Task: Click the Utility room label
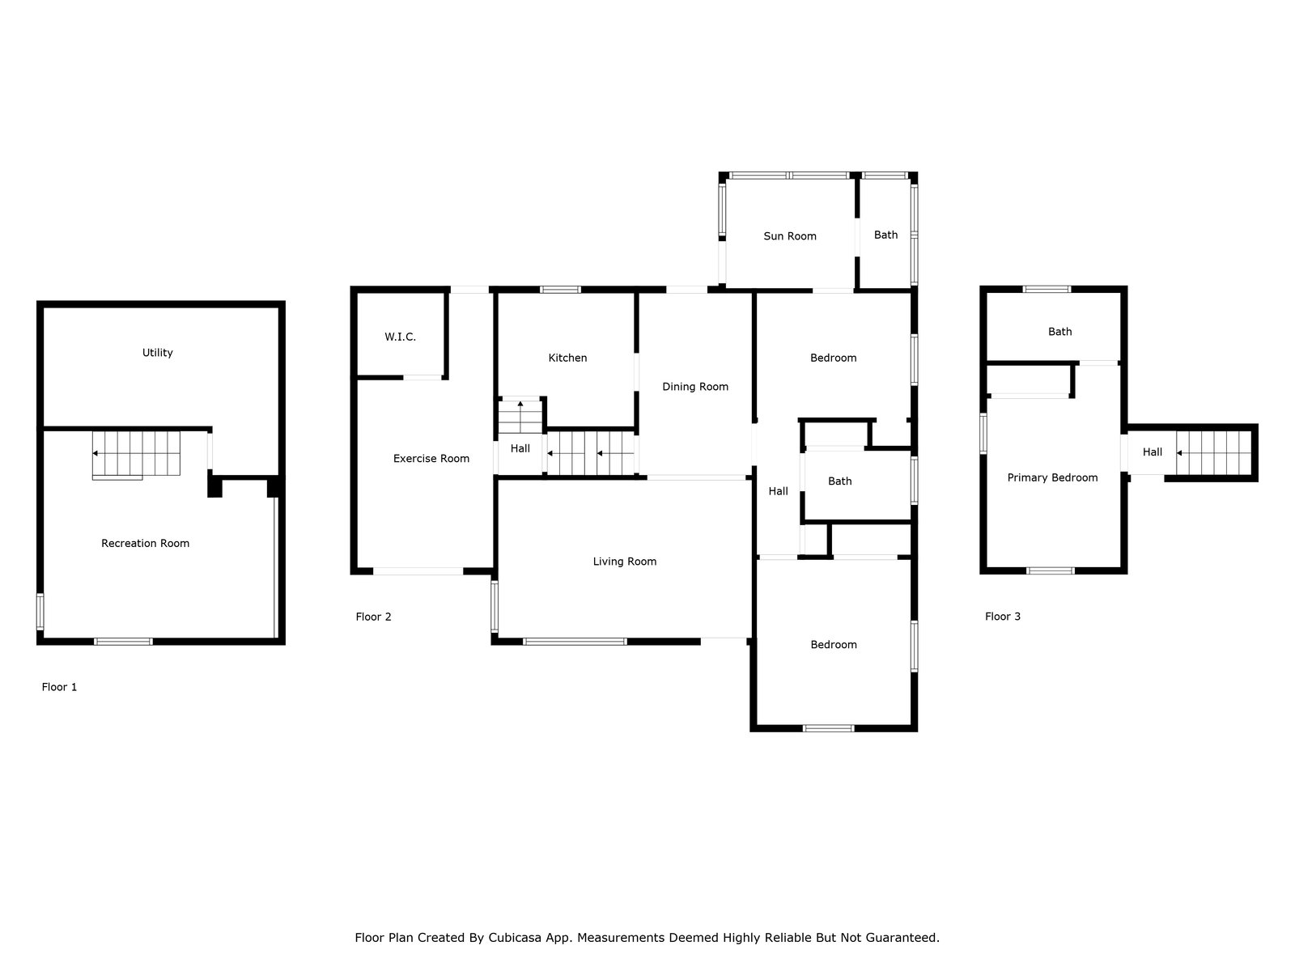click(x=157, y=353)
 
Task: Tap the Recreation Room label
click(x=145, y=543)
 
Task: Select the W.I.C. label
click(x=400, y=337)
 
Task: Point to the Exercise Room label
click(x=431, y=458)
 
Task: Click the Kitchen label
click(x=567, y=358)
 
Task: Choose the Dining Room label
click(x=695, y=387)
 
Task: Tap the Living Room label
click(x=624, y=562)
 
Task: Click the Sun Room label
click(x=789, y=235)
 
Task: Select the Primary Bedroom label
click(x=1052, y=477)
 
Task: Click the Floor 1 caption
click(x=59, y=687)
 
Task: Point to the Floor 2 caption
click(x=373, y=617)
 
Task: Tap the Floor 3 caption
click(x=1002, y=616)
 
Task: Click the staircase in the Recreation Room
click(x=136, y=454)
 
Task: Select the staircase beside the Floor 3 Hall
click(x=1213, y=452)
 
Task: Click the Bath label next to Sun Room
click(x=885, y=235)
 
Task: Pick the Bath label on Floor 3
click(x=1059, y=331)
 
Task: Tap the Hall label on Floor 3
click(x=1153, y=452)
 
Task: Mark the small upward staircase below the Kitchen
click(x=520, y=417)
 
